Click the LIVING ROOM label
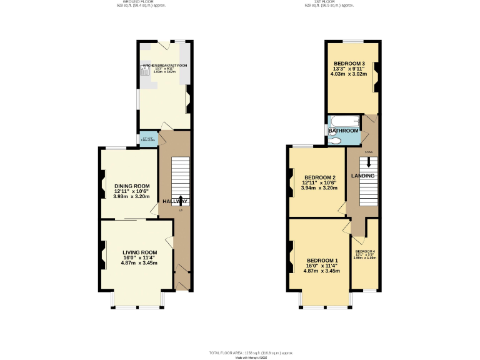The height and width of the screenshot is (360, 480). tap(138, 251)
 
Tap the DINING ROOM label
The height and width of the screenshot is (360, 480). tap(131, 186)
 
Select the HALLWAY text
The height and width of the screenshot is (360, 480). tap(175, 202)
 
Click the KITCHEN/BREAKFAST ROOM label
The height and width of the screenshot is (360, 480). tap(165, 65)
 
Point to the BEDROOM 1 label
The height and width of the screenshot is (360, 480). tap(322, 260)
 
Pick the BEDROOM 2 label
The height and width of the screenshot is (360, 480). tap(319, 177)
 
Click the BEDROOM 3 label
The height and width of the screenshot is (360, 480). tap(349, 64)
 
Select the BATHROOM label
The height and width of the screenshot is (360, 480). tap(344, 131)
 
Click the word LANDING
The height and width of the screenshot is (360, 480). tap(362, 176)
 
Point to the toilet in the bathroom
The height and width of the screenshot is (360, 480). tap(336, 141)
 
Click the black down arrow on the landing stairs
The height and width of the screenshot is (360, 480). tap(369, 161)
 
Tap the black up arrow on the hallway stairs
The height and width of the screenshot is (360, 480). tap(181, 200)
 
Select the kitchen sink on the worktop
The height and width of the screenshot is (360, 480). tap(145, 71)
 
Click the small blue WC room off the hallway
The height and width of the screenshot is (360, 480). tap(148, 139)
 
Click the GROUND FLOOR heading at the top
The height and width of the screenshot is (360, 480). tap(131, 2)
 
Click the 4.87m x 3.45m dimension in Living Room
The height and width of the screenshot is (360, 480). tap(139, 263)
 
